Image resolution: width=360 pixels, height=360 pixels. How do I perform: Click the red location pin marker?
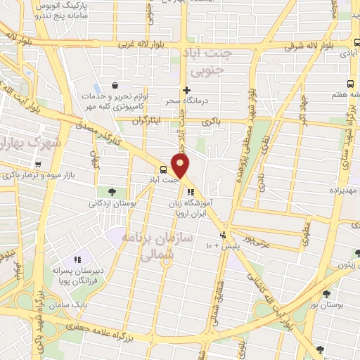(x=181, y=166)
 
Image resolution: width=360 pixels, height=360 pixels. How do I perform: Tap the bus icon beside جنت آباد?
(x=163, y=169)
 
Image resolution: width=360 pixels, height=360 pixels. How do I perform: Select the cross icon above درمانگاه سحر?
(x=186, y=90)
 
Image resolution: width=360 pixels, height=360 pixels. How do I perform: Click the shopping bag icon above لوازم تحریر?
(x=113, y=86)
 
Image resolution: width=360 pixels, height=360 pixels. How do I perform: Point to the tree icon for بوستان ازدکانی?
(x=112, y=192)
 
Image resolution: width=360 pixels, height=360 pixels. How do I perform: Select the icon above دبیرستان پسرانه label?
(x=77, y=259)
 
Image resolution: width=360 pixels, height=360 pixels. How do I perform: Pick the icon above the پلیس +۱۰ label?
(x=224, y=236)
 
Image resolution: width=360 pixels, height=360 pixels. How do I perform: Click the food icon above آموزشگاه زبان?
(x=190, y=191)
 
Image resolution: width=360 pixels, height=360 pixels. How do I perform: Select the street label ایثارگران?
(x=147, y=121)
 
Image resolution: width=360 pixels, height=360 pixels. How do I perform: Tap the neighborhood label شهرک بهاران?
(x=28, y=143)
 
